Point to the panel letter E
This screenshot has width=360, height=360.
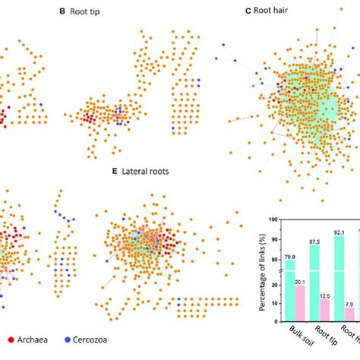coord(115,171)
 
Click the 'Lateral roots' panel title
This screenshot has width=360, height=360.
coord(145,171)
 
